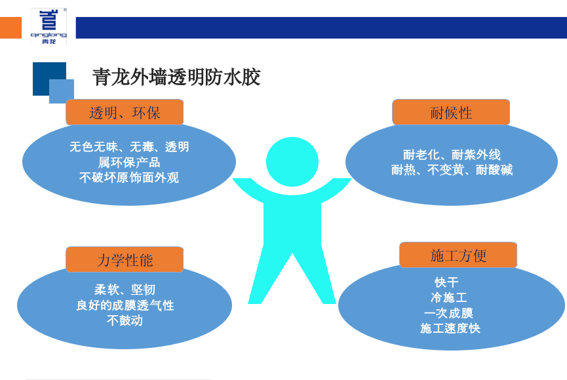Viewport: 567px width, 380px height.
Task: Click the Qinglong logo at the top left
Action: coord(49,26)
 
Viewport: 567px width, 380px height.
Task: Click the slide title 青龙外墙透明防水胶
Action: coord(176,77)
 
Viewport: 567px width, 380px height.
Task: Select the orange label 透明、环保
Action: coord(125,112)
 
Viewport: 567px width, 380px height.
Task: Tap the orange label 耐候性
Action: coord(451,112)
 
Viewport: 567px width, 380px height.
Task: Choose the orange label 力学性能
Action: coord(125,259)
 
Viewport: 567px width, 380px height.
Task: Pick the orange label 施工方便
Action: coord(458,255)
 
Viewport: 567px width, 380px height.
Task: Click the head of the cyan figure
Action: coord(292,161)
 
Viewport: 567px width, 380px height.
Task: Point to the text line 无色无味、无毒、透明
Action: coord(129,147)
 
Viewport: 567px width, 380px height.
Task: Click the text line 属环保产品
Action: coord(129,162)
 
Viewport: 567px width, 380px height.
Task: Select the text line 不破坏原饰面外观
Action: coord(129,177)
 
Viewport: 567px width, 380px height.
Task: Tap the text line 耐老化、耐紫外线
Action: coord(452,155)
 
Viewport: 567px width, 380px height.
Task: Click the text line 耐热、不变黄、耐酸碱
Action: coord(452,170)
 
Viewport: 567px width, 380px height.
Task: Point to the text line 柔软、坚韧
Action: coord(125,290)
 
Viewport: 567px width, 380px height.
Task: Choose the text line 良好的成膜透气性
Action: coord(125,305)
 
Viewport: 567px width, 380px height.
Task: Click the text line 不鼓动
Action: coord(125,320)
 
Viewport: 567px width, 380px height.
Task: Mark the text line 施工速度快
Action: coord(450,328)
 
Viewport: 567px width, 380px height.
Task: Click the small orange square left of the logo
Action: coord(10,28)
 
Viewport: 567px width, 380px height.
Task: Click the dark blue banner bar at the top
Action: coord(321,28)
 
